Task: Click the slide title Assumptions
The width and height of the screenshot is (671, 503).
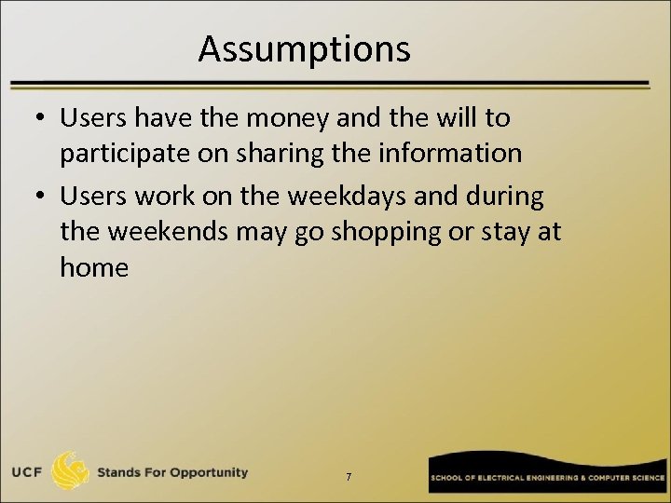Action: pos(304,49)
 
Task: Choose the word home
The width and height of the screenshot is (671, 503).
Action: pos(94,268)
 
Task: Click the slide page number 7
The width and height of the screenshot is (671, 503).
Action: pos(348,477)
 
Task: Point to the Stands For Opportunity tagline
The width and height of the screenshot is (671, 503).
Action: pos(173,472)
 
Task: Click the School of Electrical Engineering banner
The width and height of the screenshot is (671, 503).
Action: pos(548,476)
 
